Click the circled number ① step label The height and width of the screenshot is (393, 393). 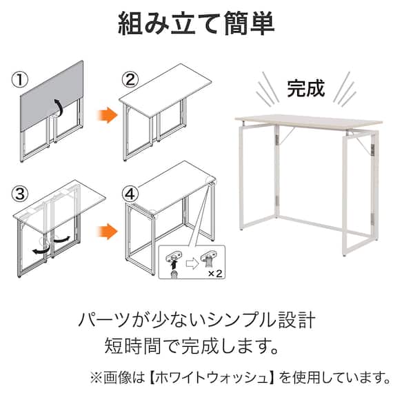click(x=20, y=80)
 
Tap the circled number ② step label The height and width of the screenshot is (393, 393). click(x=130, y=80)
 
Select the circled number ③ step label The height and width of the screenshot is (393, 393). click(x=20, y=194)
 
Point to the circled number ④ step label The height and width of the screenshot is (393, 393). click(x=130, y=194)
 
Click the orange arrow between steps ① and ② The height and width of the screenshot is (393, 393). click(x=108, y=115)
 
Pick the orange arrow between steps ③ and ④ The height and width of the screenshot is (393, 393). click(x=108, y=231)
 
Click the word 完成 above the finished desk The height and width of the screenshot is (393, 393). click(x=305, y=88)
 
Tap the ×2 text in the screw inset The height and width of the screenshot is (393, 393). click(x=215, y=274)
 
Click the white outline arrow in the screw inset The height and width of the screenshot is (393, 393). click(x=192, y=264)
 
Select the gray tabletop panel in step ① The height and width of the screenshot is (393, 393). click(x=52, y=95)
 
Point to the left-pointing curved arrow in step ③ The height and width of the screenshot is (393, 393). click(x=41, y=250)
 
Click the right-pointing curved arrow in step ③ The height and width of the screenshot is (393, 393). click(x=61, y=239)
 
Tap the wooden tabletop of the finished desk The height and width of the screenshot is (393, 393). click(x=308, y=122)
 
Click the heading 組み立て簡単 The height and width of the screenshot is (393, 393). click(x=196, y=23)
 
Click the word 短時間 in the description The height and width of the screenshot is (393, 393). click(x=132, y=345)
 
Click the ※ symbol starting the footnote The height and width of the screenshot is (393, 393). click(x=97, y=377)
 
